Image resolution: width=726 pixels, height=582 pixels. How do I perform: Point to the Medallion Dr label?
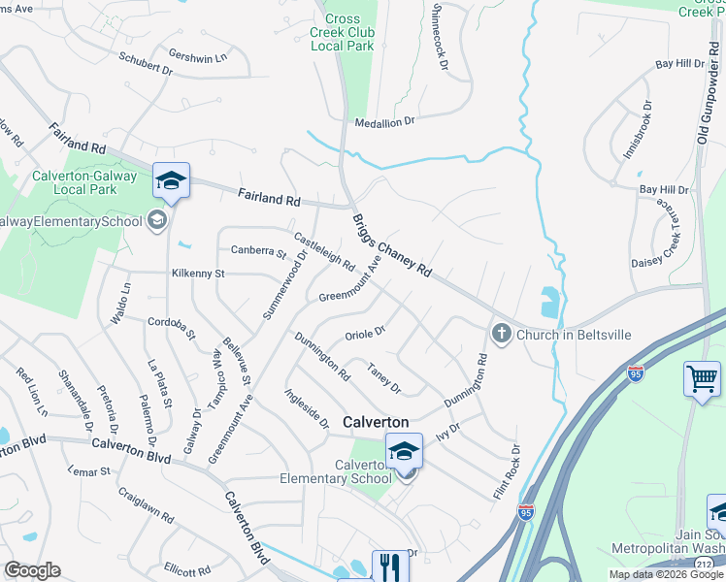383,121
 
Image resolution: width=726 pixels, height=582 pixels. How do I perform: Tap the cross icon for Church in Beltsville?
502,335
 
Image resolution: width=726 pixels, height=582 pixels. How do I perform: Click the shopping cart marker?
701,378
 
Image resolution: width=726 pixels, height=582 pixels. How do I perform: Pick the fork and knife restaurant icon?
389,566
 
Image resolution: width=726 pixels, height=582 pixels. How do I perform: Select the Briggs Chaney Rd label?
391,246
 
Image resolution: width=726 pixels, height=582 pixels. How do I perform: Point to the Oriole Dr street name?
365,334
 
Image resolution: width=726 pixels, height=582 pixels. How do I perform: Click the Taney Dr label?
383,377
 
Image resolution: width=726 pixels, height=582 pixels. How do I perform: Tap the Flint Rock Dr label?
506,472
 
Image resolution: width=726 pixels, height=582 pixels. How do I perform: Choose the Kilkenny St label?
197,274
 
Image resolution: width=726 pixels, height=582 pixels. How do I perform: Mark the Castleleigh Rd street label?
324,251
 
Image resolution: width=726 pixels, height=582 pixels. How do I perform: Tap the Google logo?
32,570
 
